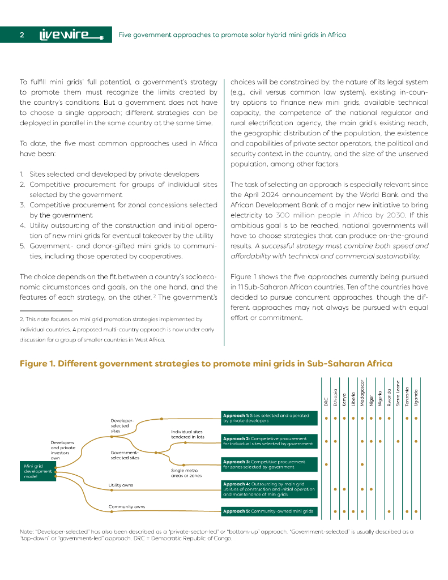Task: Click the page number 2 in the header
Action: coord(22,35)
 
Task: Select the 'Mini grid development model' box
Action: coord(37,471)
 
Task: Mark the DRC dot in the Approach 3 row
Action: coord(326,464)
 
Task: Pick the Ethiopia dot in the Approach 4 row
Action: coord(335,488)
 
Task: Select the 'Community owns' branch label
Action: coord(127,506)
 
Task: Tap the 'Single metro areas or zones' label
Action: coord(186,472)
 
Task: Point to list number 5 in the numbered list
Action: coord(22,246)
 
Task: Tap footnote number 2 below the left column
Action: coord(21,319)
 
